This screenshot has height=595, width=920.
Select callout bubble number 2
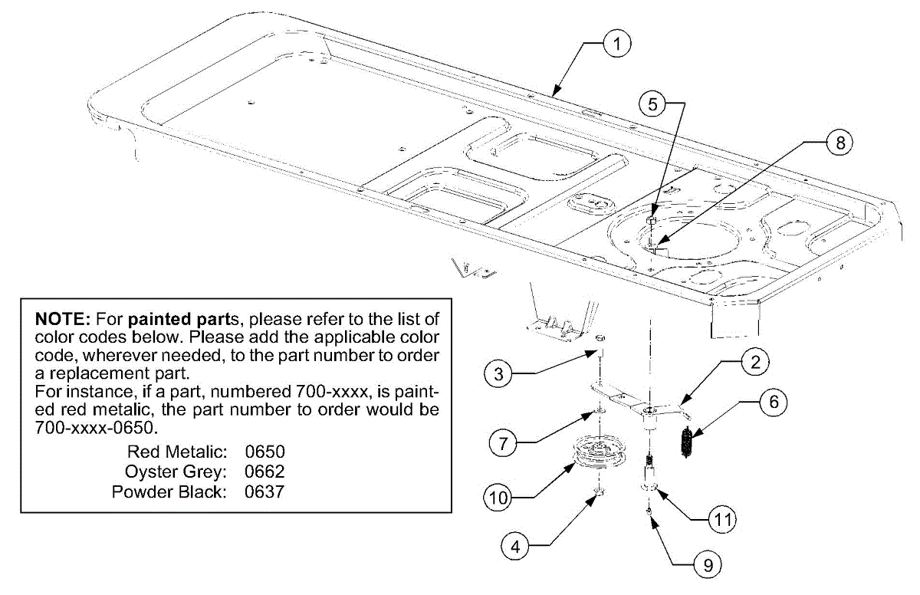pyautogui.click(x=754, y=362)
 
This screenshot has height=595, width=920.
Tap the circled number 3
pyautogui.click(x=498, y=375)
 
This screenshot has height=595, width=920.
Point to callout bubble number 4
pyautogui.click(x=515, y=547)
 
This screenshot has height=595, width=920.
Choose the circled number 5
pyautogui.click(x=652, y=105)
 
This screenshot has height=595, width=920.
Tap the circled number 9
pyautogui.click(x=707, y=566)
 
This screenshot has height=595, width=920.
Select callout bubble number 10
pyautogui.click(x=498, y=498)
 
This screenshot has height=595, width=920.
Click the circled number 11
pyautogui.click(x=721, y=520)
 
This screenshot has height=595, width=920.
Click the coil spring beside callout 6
pyautogui.click(x=687, y=442)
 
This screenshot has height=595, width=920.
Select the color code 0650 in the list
pyautogui.click(x=264, y=451)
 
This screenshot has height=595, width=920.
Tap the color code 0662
pyautogui.click(x=264, y=471)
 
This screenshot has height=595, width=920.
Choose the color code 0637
pyautogui.click(x=264, y=491)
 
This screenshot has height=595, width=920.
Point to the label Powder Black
pyautogui.click(x=169, y=491)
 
